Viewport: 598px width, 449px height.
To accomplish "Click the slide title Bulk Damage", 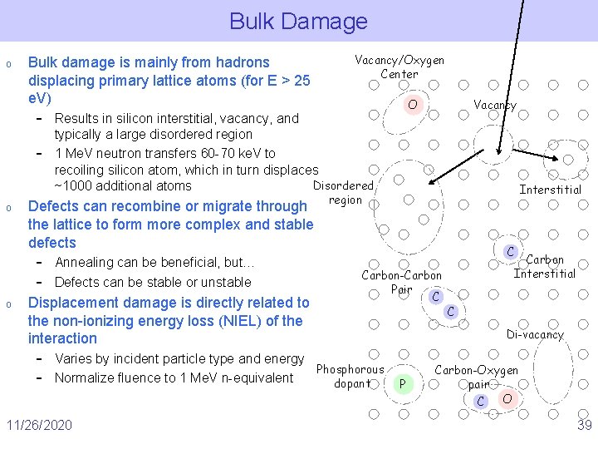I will click(x=298, y=21).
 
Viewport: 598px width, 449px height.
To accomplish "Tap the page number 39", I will click(x=584, y=426).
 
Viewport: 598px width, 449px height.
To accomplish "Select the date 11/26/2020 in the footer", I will click(x=38, y=426).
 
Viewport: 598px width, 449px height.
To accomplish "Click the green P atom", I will click(x=402, y=383).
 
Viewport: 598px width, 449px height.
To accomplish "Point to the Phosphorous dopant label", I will click(x=350, y=377).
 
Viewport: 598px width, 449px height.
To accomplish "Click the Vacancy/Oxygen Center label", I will click(x=399, y=67).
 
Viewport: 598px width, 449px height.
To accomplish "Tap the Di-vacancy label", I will click(x=535, y=334).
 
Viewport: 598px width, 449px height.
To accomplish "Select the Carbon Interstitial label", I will click(x=545, y=267).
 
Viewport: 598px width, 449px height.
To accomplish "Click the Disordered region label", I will click(x=343, y=192).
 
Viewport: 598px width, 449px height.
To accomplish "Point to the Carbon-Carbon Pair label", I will click(x=402, y=283).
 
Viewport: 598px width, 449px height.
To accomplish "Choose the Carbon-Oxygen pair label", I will click(x=478, y=377).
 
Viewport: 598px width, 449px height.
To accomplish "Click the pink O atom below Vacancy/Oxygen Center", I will click(x=412, y=105).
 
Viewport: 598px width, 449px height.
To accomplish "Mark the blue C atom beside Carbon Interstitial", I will click(x=512, y=252).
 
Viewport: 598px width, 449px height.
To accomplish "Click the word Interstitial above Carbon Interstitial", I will click(x=550, y=190).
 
